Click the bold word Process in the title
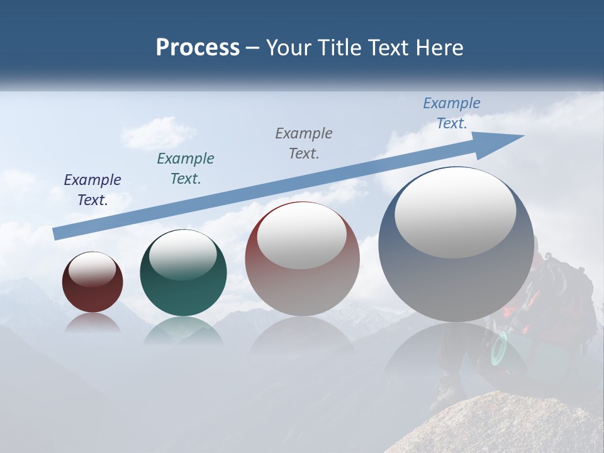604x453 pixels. coord(198,48)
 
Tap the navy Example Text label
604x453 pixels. coord(92,190)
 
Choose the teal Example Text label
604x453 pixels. coord(186,169)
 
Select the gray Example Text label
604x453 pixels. coord(304,143)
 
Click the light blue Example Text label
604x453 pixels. coord(452,113)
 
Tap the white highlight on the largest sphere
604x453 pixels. coord(455,212)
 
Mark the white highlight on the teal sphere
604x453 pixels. coord(182,255)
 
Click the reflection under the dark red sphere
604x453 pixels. coord(92,323)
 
